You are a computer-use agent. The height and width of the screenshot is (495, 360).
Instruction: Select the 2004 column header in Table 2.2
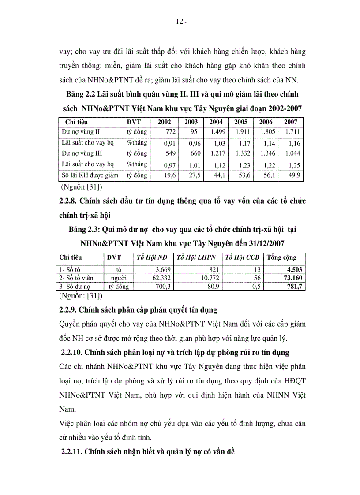[216, 122]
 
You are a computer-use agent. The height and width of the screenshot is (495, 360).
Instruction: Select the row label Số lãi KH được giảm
[90, 175]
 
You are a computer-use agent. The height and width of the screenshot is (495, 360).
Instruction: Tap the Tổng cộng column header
[282, 257]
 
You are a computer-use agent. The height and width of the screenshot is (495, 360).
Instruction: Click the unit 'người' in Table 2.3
[119, 278]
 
